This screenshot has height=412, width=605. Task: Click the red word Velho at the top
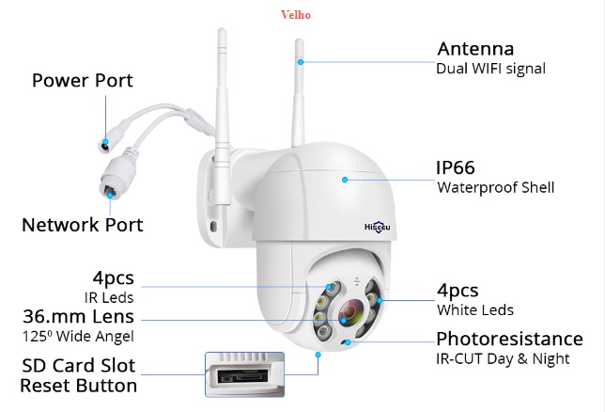coord(296,14)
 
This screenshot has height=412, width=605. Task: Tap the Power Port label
coord(83,80)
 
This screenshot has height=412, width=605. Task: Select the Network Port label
coord(83,225)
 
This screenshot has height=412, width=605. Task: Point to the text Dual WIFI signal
coord(490,69)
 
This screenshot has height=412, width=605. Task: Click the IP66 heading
coord(457,167)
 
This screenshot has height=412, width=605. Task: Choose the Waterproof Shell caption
coord(495,187)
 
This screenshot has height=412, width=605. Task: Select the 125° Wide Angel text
coord(78,336)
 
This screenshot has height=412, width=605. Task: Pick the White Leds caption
coord(474,309)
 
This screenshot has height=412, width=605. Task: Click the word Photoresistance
coord(509,339)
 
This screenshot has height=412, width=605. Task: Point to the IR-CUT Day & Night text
coord(503,358)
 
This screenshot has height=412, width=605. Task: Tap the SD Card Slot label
coord(78,366)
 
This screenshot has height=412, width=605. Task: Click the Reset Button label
coord(79,386)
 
